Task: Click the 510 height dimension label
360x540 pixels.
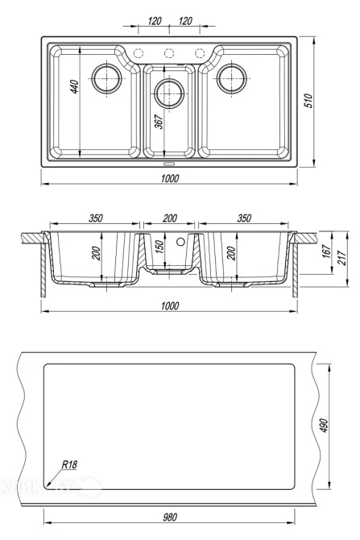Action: pyautogui.click(x=309, y=101)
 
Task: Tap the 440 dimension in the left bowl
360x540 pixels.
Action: pyautogui.click(x=74, y=86)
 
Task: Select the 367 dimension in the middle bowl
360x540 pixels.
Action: pyautogui.click(x=159, y=122)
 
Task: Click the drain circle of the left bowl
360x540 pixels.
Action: pyautogui.click(x=107, y=78)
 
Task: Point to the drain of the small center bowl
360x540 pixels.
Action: pyautogui.click(x=169, y=93)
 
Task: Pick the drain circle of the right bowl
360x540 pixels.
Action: pyautogui.click(x=232, y=78)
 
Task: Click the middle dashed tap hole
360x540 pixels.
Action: pyautogui.click(x=169, y=53)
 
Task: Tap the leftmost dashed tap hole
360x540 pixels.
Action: pyautogui.click(x=138, y=53)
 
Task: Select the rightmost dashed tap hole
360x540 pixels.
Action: pyautogui.click(x=200, y=53)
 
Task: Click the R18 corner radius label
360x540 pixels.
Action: pyautogui.click(x=69, y=464)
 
